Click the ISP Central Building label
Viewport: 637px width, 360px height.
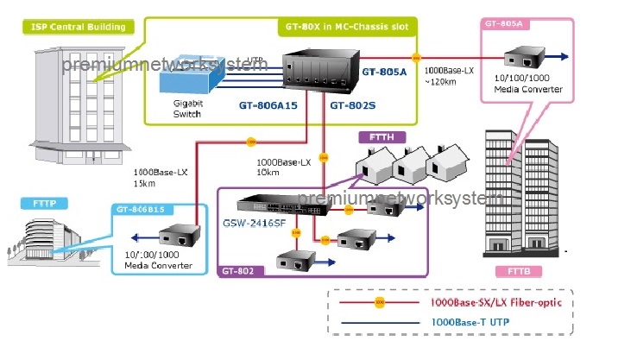click(77, 27)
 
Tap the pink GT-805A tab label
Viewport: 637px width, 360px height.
click(504, 24)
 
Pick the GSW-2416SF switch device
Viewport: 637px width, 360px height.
click(277, 205)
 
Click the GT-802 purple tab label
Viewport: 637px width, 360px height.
click(237, 271)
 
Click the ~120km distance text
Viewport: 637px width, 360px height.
click(442, 82)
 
